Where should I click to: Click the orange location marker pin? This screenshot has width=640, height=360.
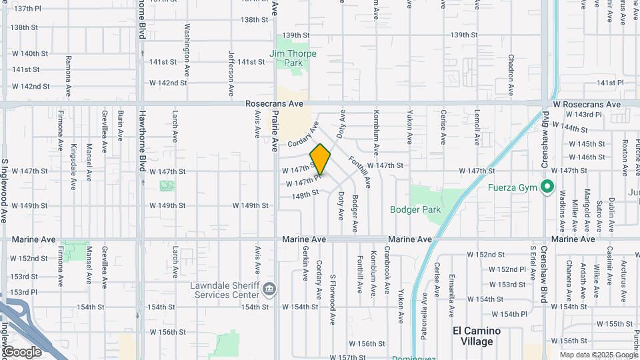click(x=320, y=159)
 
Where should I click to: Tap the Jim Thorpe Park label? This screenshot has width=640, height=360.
click(x=286, y=58)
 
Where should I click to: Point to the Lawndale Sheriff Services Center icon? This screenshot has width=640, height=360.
click(x=269, y=289)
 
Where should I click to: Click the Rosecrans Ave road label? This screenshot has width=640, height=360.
click(x=274, y=104)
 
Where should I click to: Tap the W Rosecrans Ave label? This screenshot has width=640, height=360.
click(x=587, y=105)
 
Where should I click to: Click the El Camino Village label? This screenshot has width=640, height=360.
click(x=477, y=336)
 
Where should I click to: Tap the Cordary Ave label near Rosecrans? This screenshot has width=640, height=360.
click(x=303, y=135)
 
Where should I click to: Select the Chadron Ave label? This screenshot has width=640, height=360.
click(x=510, y=76)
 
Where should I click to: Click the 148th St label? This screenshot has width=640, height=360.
click(x=305, y=195)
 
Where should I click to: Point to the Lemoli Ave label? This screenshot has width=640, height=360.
click(x=477, y=127)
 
